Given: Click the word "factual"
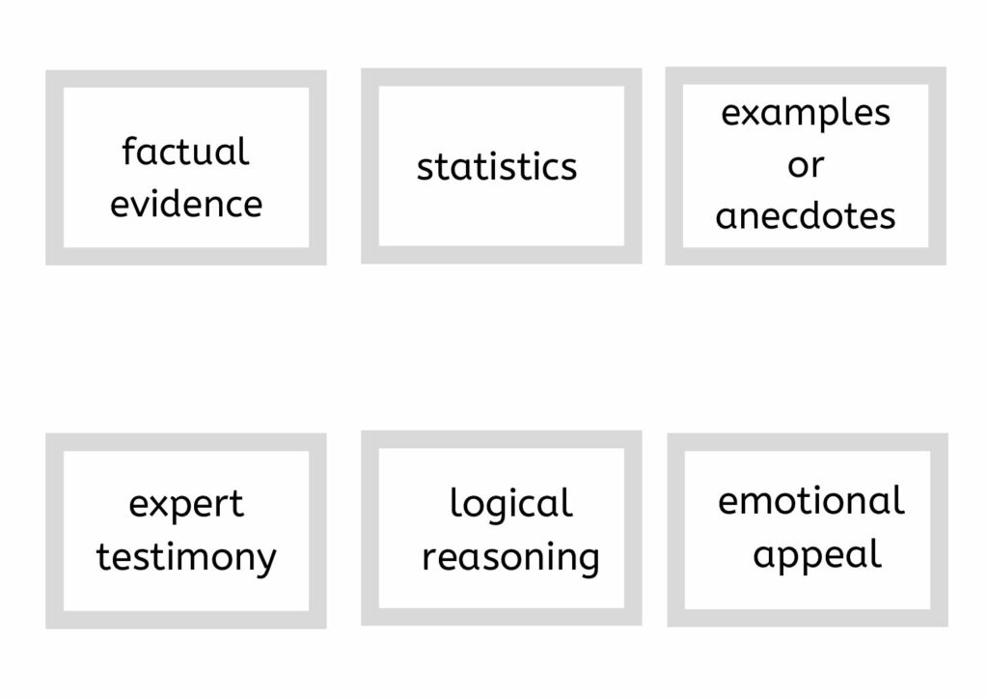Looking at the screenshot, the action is point(185,152).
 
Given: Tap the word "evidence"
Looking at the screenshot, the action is point(186,205).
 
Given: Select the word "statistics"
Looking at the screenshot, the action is point(497,167).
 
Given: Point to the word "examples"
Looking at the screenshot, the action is point(806,115).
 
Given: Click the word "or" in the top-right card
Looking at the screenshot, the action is point(806,166).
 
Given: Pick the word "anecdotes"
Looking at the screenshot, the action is point(806,216).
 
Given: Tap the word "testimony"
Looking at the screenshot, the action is point(186,558).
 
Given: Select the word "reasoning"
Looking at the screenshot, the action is point(510,558).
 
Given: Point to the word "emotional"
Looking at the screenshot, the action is point(810,501).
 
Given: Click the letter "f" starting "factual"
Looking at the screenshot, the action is point(129,152).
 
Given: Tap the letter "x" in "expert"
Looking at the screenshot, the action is point(161,506).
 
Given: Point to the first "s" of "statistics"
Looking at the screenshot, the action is point(425,171).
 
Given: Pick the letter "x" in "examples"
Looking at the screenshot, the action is point(754,115).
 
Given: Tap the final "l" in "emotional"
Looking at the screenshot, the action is point(900,501).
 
